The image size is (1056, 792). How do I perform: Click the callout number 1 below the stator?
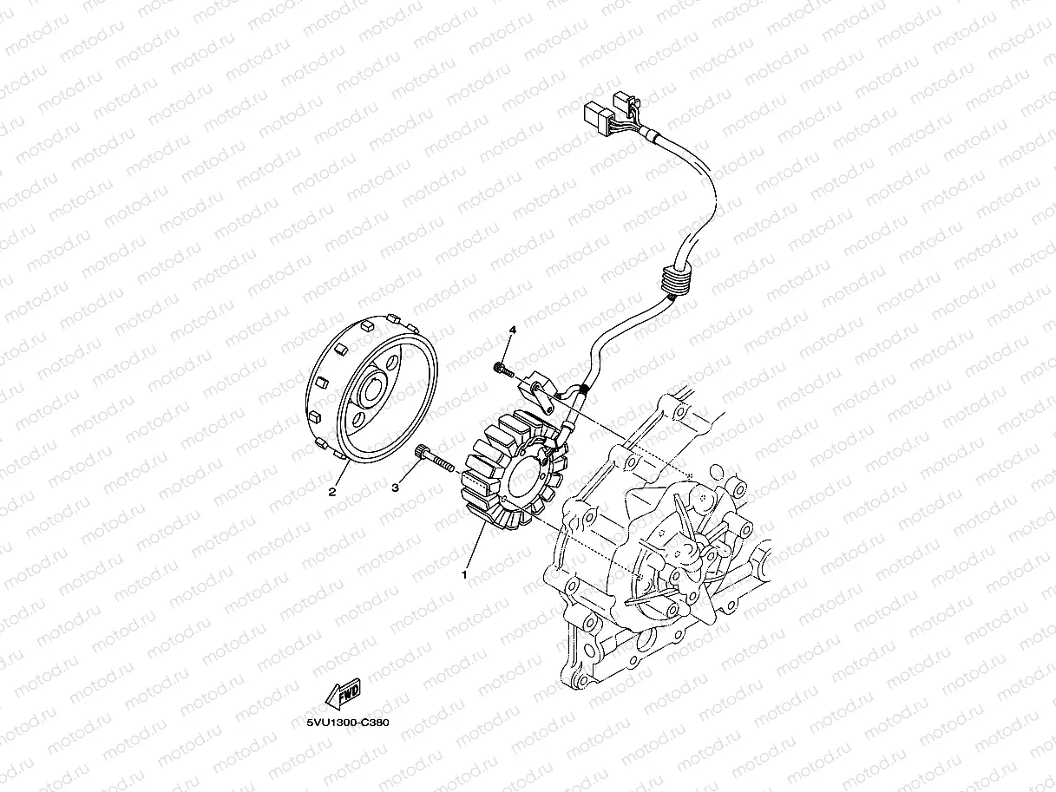(465, 573)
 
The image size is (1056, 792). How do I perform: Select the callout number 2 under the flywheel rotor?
(331, 492)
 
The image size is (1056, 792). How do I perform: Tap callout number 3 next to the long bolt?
(395, 488)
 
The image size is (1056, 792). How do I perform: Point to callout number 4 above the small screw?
(512, 331)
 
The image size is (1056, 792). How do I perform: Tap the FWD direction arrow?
(342, 695)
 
